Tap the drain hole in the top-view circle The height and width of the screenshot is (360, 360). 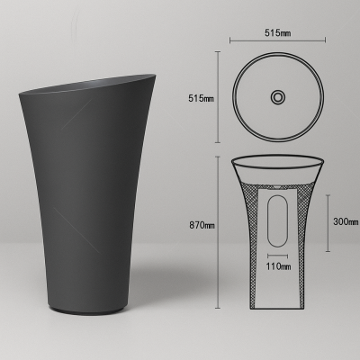[278, 95]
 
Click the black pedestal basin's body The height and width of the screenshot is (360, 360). [90, 198]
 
